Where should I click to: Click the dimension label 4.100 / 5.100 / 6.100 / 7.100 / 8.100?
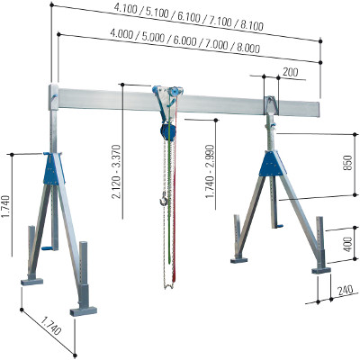click(188, 17)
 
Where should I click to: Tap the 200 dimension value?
click(291, 72)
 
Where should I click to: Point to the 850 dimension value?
click(347, 163)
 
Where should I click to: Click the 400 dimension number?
click(347, 244)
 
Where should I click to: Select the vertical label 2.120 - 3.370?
click(116, 172)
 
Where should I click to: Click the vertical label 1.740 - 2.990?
click(210, 171)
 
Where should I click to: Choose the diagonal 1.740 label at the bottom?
click(50, 326)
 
